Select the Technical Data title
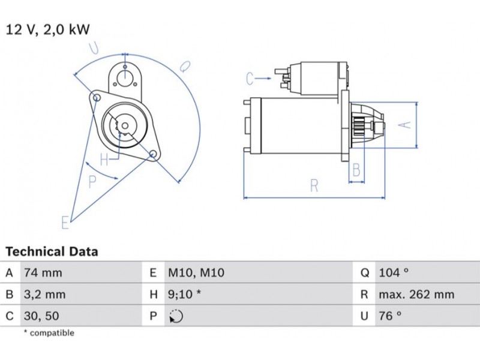click(52, 252)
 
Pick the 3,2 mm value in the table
click(44, 295)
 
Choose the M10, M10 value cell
click(196, 273)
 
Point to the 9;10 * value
click(184, 295)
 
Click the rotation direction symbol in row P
click(176, 316)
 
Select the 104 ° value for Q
click(394, 273)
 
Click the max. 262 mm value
click(416, 295)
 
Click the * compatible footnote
click(49, 333)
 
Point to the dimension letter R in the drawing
click(314, 186)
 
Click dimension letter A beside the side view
click(406, 125)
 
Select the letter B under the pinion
click(356, 170)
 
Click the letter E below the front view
click(65, 223)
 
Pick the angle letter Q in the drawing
click(185, 67)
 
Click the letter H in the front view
click(104, 160)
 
